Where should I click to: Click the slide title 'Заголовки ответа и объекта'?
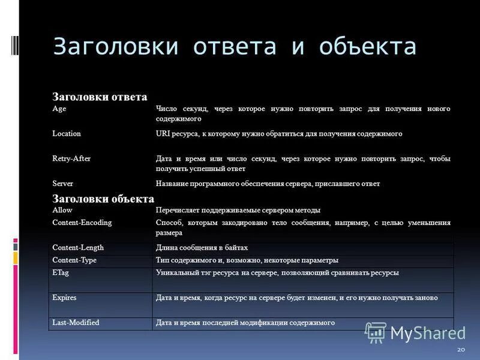[235, 47]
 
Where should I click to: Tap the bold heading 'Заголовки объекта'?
[103, 199]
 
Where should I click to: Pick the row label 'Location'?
[66, 133]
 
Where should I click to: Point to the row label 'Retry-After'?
[71, 158]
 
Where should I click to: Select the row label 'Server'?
[62, 184]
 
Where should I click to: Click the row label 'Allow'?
[62, 210]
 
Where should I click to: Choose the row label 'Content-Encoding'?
[82, 222]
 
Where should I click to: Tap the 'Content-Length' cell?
[78, 247]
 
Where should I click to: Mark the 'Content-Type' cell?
[74, 260]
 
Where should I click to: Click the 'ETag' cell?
[61, 272]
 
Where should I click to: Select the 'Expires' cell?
[64, 297]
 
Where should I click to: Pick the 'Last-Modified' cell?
[76, 322]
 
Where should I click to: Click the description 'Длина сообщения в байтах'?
[202, 247]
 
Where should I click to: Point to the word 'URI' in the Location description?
[163, 133]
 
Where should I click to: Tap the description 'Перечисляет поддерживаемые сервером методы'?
[238, 210]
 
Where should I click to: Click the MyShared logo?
[415, 332]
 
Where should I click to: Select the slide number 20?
[460, 350]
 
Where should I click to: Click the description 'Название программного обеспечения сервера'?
[267, 184]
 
